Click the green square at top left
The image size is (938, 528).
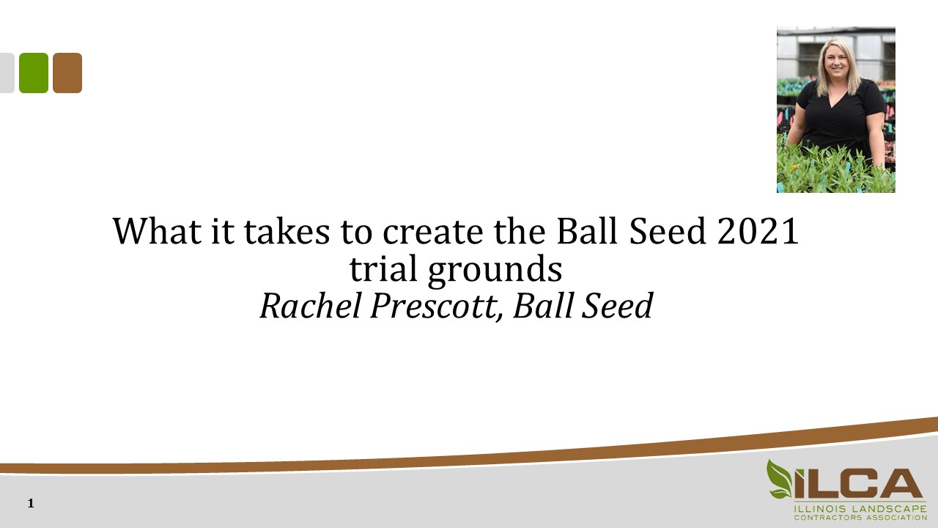click(34, 73)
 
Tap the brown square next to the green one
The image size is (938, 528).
click(67, 73)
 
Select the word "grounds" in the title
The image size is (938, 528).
click(495, 271)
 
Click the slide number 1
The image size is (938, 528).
click(31, 503)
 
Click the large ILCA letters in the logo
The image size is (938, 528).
click(857, 483)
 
